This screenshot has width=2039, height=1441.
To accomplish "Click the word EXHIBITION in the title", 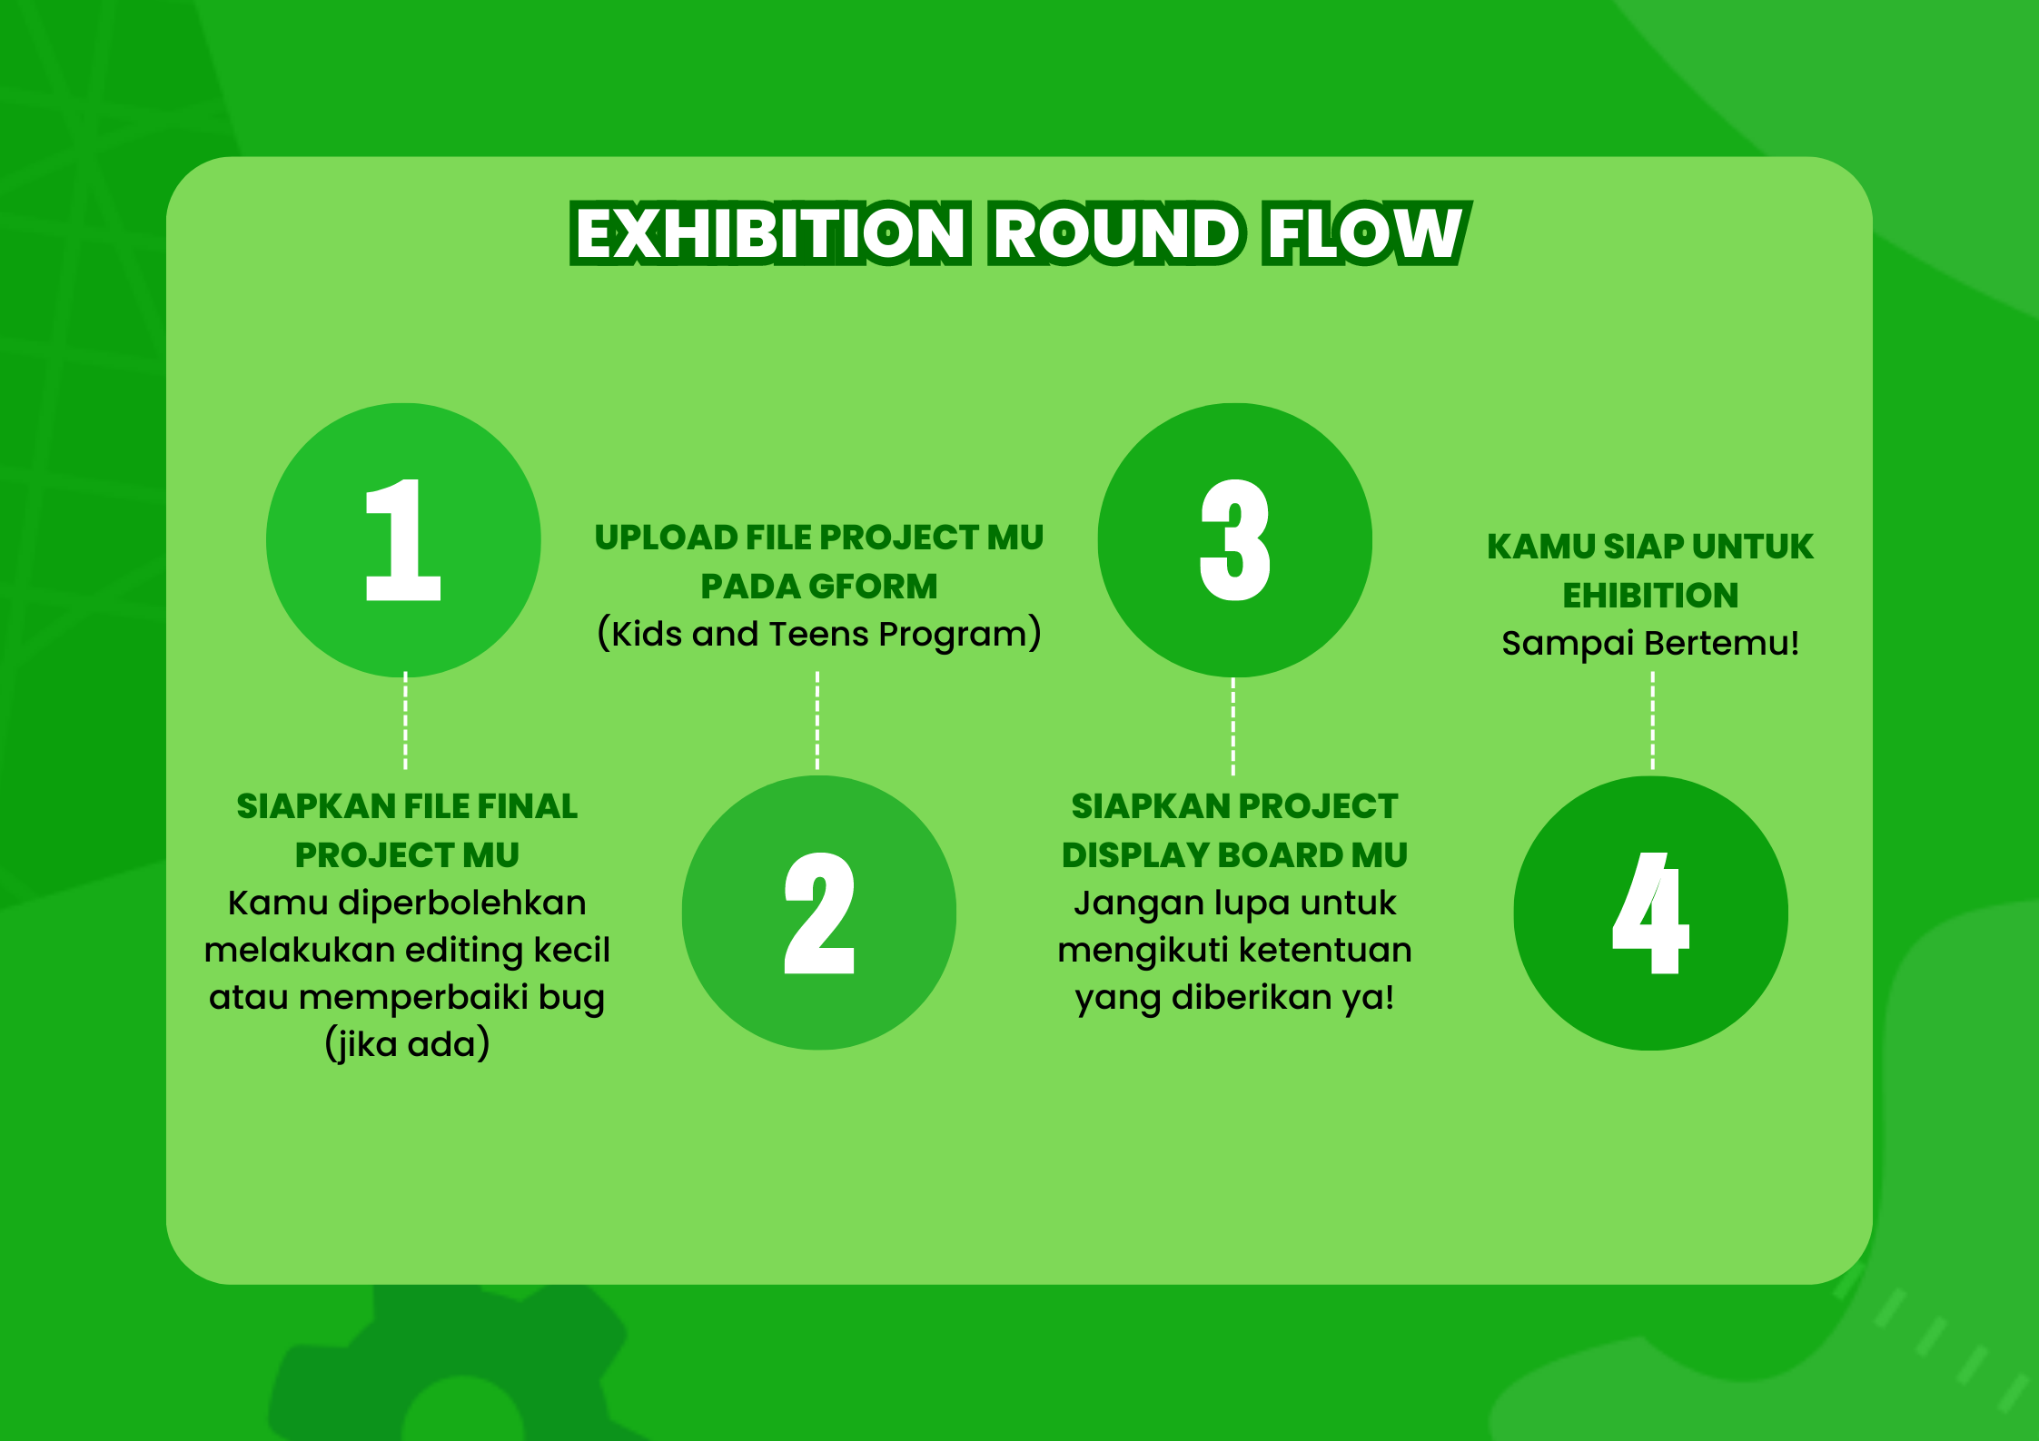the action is click(770, 233).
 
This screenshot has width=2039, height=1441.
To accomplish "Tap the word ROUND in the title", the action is click(1116, 233).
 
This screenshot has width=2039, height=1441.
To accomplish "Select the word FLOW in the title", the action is click(1365, 233).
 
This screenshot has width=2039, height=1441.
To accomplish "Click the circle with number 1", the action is click(403, 540).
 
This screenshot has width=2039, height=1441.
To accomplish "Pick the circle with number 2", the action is click(819, 913).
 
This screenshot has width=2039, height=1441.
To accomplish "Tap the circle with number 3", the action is click(1234, 540).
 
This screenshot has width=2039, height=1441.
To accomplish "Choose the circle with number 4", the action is click(1650, 913).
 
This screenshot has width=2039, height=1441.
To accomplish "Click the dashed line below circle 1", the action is click(405, 721).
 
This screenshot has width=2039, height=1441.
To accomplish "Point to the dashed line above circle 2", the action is click(817, 721).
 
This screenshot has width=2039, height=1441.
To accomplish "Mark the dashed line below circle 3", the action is click(1232, 726).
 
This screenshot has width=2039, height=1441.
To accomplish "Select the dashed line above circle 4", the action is click(1652, 721).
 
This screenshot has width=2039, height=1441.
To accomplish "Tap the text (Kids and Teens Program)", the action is click(819, 634).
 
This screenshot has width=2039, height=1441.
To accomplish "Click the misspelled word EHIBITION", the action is click(1650, 596).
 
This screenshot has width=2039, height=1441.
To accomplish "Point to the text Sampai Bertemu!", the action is click(1650, 643).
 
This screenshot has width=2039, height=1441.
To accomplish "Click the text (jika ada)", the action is click(407, 1044).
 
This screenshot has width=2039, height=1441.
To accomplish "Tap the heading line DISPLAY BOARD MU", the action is click(1234, 855).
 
